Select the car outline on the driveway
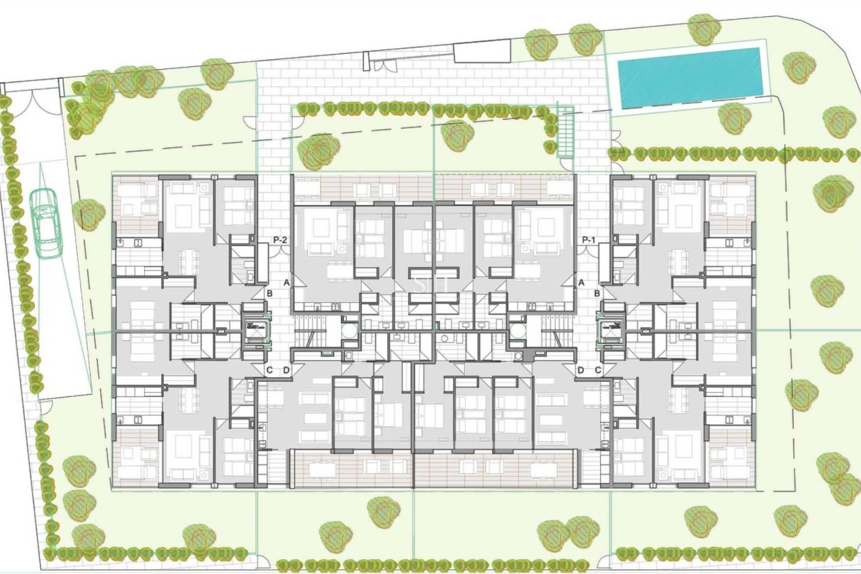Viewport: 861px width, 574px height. point(46,223)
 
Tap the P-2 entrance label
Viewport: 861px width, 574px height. point(280,240)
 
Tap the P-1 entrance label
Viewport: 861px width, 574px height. point(588,240)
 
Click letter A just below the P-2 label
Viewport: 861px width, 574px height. point(287,283)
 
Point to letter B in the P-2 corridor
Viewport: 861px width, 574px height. point(270,294)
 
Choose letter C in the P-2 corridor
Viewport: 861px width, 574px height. point(270,370)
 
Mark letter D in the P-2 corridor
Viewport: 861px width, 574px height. point(287,370)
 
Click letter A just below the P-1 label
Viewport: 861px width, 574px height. point(582,283)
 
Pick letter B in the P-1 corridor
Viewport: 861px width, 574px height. point(597,294)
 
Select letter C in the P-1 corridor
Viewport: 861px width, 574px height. point(598,370)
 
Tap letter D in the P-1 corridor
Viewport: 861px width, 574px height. point(581,370)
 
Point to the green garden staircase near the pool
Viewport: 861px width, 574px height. point(565,133)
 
